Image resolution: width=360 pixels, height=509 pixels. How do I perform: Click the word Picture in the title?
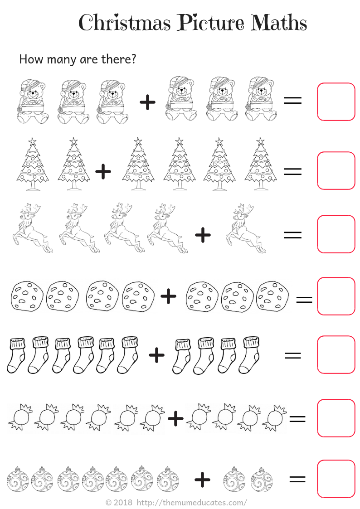click(x=211, y=23)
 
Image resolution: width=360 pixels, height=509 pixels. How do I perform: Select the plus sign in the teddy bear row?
click(x=147, y=102)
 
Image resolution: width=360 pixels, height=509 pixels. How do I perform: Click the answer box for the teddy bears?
click(x=336, y=102)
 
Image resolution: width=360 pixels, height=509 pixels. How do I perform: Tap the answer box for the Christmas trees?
click(x=336, y=170)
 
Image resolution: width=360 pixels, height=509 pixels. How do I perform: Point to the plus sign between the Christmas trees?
click(x=103, y=171)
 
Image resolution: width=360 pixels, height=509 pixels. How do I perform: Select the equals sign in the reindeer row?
click(x=292, y=235)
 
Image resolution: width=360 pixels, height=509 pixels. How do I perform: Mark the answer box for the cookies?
click(x=336, y=296)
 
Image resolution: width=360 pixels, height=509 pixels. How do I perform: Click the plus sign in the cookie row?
click(x=168, y=296)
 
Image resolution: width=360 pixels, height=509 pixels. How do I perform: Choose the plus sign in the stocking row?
click(x=156, y=355)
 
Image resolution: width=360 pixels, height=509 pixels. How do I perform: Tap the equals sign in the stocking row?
click(x=293, y=355)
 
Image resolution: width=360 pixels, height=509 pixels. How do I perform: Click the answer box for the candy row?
click(x=336, y=418)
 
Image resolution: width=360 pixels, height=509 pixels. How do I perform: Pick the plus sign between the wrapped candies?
click(x=175, y=418)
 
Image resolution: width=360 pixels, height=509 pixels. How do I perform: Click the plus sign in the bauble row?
click(x=202, y=479)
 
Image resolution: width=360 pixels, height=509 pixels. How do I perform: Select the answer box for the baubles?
click(x=336, y=479)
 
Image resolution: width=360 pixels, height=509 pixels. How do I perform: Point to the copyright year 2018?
click(x=123, y=503)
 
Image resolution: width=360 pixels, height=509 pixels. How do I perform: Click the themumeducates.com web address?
click(x=192, y=503)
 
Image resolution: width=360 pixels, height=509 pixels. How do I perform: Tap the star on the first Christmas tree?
click(x=32, y=141)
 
